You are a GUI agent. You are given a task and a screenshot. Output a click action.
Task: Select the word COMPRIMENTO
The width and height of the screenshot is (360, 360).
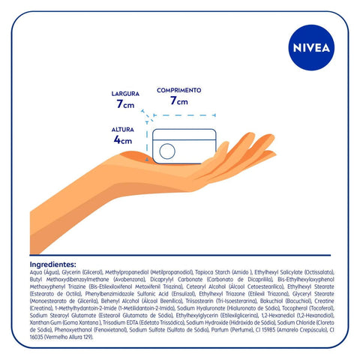click(x=178, y=90)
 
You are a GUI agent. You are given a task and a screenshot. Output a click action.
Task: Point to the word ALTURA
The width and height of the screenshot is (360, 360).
click(x=121, y=129)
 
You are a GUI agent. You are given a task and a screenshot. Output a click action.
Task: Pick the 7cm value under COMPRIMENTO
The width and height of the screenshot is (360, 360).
click(x=178, y=100)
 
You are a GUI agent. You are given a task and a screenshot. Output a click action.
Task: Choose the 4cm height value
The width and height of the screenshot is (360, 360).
click(x=122, y=139)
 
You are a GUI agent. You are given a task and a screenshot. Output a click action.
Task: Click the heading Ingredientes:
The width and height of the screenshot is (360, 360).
click(x=52, y=265)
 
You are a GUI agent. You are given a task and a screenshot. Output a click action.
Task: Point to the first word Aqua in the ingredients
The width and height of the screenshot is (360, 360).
click(x=36, y=272)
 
